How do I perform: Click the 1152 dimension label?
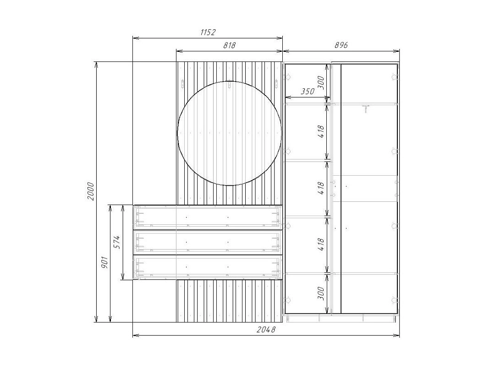point(208,32)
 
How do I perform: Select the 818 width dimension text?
point(230,45)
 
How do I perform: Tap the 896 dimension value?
point(341,45)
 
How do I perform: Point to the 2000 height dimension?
point(90,191)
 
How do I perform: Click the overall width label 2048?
point(266,329)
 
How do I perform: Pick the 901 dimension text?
point(104,263)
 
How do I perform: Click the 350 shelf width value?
point(307,91)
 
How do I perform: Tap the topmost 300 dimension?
point(321,83)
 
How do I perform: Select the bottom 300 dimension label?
point(321,293)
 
